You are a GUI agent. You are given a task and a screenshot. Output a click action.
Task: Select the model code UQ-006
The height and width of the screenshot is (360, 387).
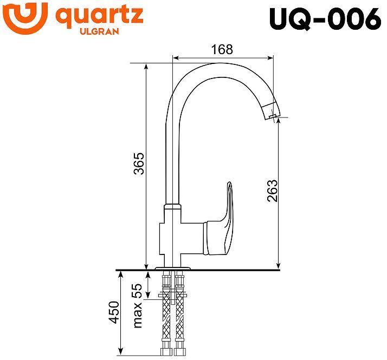click(x=325, y=19)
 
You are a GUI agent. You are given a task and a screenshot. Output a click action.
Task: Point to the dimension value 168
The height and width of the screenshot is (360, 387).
click(x=221, y=49)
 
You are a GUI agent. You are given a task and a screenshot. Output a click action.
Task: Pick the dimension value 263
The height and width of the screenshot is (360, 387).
click(x=272, y=190)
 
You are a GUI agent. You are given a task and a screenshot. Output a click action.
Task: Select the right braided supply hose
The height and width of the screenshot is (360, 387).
click(x=179, y=314)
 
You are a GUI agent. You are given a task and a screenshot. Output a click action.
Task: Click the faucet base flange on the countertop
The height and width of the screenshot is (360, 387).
click(x=173, y=267)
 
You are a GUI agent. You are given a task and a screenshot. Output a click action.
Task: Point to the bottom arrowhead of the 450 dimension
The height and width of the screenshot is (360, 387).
click(x=120, y=352)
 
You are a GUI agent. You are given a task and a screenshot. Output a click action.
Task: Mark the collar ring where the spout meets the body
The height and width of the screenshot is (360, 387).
click(x=172, y=207)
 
